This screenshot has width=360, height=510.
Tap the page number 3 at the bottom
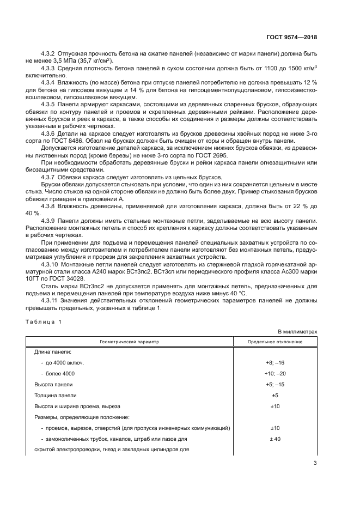[x=315, y=464]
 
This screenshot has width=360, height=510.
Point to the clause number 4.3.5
[x=51, y=103]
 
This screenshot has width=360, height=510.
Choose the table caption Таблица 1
[x=44, y=321]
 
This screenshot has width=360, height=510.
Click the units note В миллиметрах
[x=297, y=331]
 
